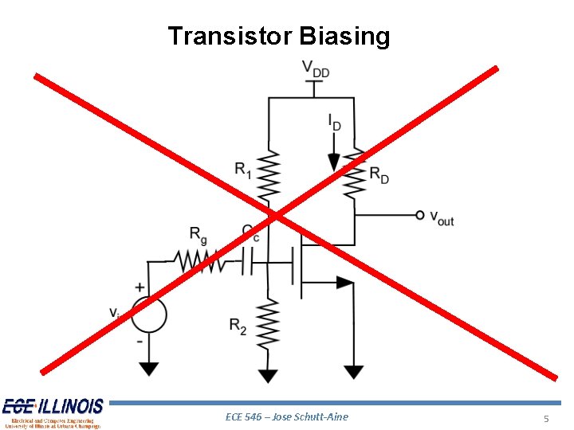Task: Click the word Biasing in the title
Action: tap(344, 37)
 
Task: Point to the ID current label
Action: tap(334, 122)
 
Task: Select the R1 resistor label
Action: tap(242, 169)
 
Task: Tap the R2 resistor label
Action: tap(238, 326)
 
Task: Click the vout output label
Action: tap(442, 217)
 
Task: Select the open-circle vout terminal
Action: tap(419, 214)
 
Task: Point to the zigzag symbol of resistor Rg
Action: tap(200, 260)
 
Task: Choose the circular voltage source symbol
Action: tap(148, 314)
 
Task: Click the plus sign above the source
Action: tap(140, 287)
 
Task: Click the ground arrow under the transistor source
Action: tap(353, 372)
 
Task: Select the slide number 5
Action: tap(546, 419)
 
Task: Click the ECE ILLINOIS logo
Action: tap(53, 412)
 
